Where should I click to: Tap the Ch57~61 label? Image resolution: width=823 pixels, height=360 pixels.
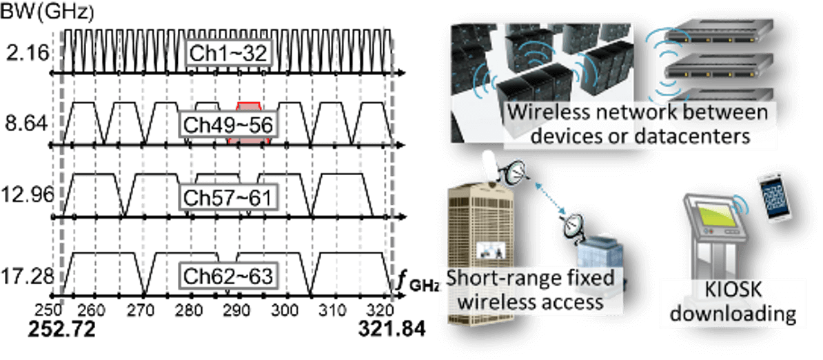pos(228,197)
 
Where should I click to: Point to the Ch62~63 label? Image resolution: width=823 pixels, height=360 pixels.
pos(228,276)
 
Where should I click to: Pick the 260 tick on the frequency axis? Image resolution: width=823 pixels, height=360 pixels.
pos(92,311)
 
